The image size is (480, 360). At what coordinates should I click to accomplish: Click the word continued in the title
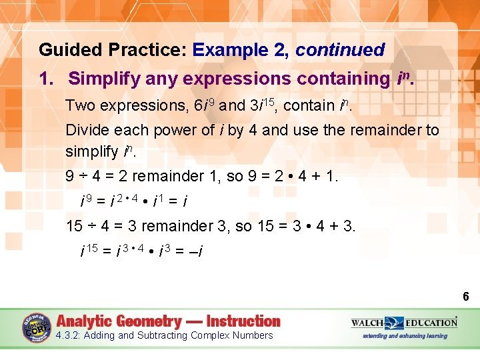[340, 50]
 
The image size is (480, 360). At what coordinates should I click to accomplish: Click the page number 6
[466, 296]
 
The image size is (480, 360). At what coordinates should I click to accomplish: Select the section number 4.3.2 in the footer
[69, 335]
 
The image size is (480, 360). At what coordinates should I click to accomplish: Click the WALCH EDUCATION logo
[404, 323]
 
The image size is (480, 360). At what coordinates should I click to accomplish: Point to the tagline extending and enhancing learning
[405, 336]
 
